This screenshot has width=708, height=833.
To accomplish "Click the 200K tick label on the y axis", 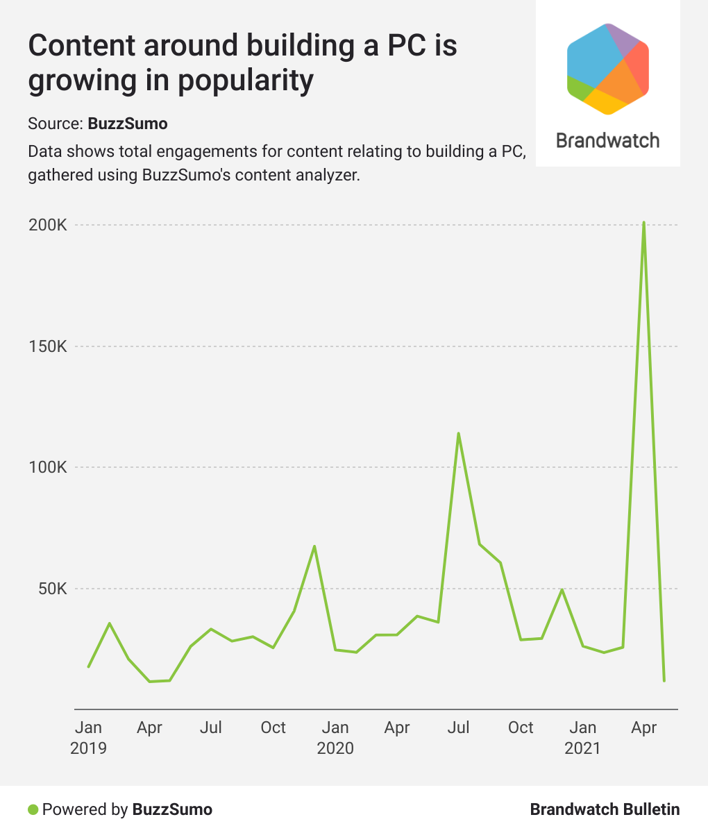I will pyautogui.click(x=47, y=226).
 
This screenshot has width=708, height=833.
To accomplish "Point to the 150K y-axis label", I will pyautogui.click(x=47, y=346).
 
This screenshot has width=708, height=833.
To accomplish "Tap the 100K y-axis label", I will pyautogui.click(x=47, y=468).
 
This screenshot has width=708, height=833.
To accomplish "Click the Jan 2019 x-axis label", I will pyautogui.click(x=88, y=737).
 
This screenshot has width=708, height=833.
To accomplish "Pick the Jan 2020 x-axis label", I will pyautogui.click(x=335, y=737).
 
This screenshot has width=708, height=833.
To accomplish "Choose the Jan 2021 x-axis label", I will pyautogui.click(x=582, y=737).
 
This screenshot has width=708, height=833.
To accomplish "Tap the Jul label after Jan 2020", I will pyautogui.click(x=459, y=727).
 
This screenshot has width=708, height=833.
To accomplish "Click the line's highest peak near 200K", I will pyautogui.click(x=644, y=223).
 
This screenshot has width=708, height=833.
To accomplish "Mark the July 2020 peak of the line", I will pyautogui.click(x=458, y=434).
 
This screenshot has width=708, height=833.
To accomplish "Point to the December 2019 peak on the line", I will pyautogui.click(x=314, y=546).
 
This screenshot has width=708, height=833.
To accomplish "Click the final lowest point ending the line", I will pyautogui.click(x=664, y=680).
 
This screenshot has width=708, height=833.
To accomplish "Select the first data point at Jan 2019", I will pyautogui.click(x=88, y=667).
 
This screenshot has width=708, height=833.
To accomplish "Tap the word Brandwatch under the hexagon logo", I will pyautogui.click(x=608, y=140).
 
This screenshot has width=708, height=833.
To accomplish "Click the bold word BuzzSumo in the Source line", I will pyautogui.click(x=128, y=124).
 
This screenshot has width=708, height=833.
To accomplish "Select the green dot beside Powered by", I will pyautogui.click(x=33, y=809).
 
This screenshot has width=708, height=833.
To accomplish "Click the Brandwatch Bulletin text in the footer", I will pyautogui.click(x=605, y=809).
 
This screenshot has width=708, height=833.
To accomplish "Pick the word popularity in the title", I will pyautogui.click(x=246, y=81).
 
